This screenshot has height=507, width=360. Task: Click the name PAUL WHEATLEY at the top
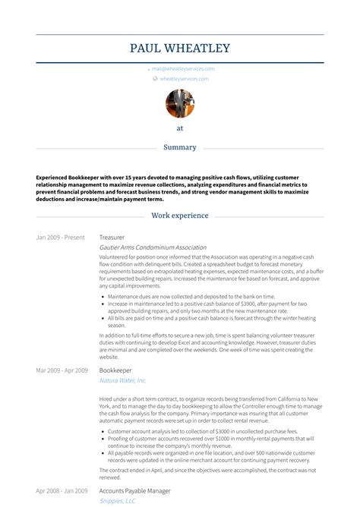[179, 49]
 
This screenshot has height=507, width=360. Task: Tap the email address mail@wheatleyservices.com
[183, 68]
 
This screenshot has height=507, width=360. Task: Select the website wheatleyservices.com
[187, 78]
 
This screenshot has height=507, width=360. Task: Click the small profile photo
[179, 104]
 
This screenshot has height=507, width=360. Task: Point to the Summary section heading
[179, 147]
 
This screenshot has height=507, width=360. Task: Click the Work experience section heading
[179, 216]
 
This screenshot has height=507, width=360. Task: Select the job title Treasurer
[112, 238]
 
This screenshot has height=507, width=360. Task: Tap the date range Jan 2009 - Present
[60, 238]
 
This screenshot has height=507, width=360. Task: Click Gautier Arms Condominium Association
[153, 247]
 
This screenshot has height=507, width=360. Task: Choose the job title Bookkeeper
[115, 370]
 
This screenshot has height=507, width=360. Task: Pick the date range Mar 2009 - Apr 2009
[62, 370]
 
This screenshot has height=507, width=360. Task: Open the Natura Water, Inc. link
[122, 380]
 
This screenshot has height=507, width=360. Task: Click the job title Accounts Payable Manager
[135, 491]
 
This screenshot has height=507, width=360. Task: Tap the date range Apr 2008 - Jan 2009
[62, 491]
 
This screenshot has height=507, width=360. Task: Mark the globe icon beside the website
[155, 78]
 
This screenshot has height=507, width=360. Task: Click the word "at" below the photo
[179, 128]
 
